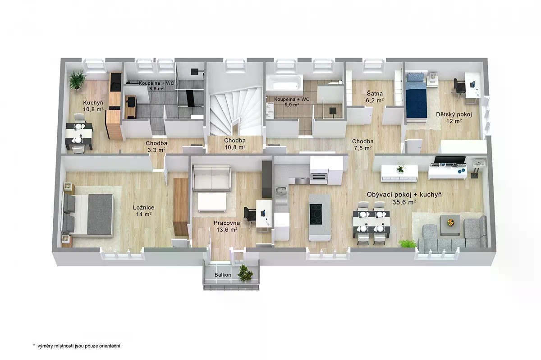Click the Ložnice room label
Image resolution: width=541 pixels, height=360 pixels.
click(x=143, y=207)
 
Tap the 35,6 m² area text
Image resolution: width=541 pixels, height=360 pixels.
click(x=404, y=202)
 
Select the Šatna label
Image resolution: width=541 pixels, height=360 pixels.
click(x=375, y=93)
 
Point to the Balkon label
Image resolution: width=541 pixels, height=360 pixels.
click(x=223, y=275)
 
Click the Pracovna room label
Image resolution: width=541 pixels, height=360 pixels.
click(x=226, y=223)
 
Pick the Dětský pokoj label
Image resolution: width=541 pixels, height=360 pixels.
click(x=454, y=114)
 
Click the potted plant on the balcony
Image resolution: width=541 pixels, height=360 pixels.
click(x=245, y=273)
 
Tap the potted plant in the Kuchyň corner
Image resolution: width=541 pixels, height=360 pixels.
click(x=77, y=79)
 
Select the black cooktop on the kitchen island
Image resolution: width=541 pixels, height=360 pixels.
click(x=316, y=214)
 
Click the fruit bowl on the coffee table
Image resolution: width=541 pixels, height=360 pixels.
click(x=450, y=222)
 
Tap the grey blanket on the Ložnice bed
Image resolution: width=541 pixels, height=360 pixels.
click(x=100, y=214)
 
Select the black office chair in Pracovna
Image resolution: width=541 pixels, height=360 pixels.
click(x=250, y=214)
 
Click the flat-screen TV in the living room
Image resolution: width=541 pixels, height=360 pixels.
click(x=450, y=159)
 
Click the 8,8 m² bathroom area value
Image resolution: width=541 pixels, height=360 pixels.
click(x=156, y=88)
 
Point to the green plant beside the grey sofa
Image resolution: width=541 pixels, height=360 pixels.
click(x=407, y=244)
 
